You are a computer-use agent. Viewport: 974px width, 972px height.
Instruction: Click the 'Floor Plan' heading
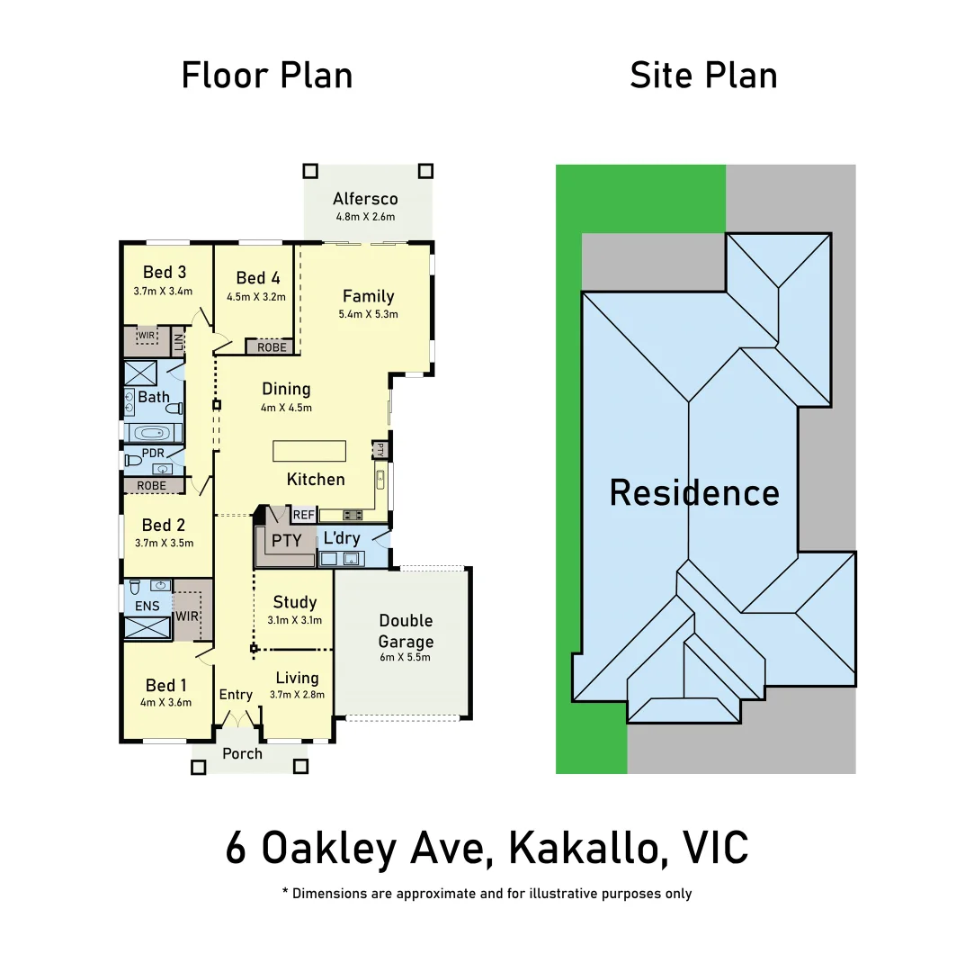[x=267, y=76]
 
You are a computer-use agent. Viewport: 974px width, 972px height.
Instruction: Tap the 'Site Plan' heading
[x=703, y=76]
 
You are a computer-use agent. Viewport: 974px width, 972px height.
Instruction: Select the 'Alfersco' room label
[x=365, y=199]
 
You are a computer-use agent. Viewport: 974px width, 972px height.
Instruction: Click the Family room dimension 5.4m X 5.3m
[x=368, y=315]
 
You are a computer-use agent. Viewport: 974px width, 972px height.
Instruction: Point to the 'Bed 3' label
[x=165, y=273]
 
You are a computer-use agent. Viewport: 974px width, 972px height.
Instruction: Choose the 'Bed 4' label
[x=258, y=278]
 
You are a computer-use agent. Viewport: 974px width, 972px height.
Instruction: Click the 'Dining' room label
[x=286, y=389]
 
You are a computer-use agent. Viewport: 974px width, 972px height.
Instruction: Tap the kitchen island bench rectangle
[x=309, y=451]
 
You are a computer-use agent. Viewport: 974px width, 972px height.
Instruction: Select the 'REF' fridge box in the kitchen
[x=304, y=515]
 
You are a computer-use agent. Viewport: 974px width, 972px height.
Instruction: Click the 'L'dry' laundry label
[x=342, y=538]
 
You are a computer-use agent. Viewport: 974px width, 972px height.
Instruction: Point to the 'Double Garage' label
[x=406, y=631]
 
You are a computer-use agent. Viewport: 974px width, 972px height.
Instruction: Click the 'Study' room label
[x=295, y=602]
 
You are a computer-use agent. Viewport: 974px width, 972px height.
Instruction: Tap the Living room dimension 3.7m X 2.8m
[x=297, y=694]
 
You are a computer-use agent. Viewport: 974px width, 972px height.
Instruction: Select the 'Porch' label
[x=242, y=753]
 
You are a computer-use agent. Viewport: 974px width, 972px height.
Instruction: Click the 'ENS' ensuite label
[x=147, y=606]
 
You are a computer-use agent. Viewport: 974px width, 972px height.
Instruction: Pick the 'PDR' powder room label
[x=154, y=453]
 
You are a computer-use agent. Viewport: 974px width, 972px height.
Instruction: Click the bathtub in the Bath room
[x=153, y=432]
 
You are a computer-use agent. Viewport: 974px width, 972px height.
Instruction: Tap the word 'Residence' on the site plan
[x=694, y=493]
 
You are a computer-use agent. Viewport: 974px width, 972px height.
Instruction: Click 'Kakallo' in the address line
[x=587, y=848]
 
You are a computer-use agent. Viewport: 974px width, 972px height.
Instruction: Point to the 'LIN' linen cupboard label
[x=179, y=342]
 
